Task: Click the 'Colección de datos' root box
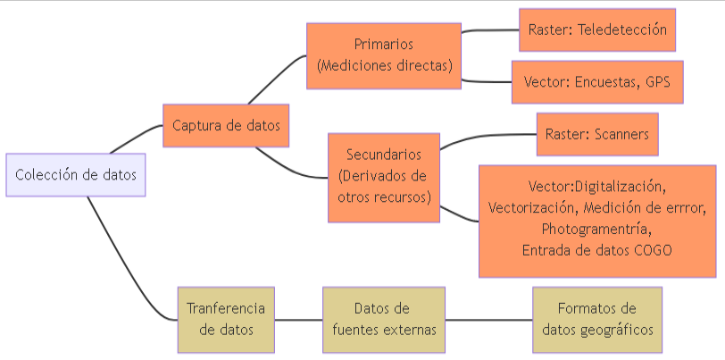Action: (75, 175)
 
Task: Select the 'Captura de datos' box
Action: (226, 126)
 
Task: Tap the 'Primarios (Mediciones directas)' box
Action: (384, 55)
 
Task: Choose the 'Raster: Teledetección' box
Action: (597, 29)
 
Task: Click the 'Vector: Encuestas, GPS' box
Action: (597, 82)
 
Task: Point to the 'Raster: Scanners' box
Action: (597, 135)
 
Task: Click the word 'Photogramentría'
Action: (597, 230)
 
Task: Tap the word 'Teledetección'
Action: (622, 29)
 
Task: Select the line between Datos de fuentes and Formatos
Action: (488, 320)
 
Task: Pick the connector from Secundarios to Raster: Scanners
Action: (487, 137)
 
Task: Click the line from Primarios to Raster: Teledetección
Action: (489, 30)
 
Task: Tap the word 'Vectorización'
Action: (533, 208)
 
